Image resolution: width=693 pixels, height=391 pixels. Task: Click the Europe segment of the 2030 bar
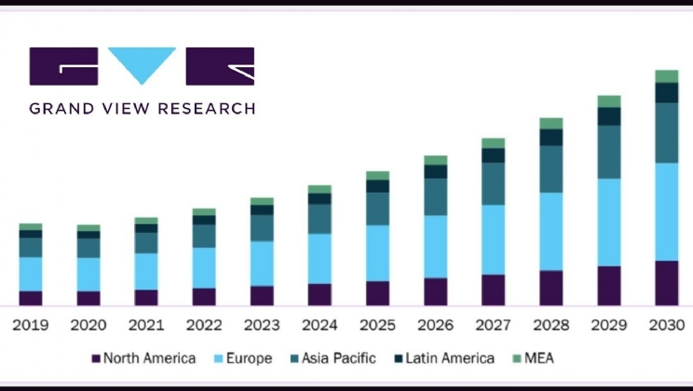(666, 211)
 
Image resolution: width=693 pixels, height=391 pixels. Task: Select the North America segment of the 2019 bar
(31, 298)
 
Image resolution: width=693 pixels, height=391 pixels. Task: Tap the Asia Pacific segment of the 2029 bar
(608, 152)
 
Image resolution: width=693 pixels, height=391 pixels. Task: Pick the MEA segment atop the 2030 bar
(666, 76)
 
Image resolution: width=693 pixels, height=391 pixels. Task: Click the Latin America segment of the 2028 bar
(550, 137)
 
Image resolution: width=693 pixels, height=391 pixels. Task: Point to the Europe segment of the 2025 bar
(377, 252)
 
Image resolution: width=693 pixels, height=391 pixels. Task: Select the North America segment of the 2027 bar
(493, 290)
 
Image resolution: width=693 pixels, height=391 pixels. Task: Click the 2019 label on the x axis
(31, 326)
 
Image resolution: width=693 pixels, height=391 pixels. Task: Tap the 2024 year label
(319, 326)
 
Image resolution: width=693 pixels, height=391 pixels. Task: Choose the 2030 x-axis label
(666, 326)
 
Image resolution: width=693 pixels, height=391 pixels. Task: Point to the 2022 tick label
(204, 326)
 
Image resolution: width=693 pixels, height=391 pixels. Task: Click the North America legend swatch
(95, 358)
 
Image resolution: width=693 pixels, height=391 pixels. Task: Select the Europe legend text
(249, 358)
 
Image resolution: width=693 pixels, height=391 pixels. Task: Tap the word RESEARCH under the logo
(207, 109)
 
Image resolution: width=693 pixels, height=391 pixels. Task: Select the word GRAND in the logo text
(58, 109)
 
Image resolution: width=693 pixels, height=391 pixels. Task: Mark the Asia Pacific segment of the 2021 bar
(146, 242)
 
